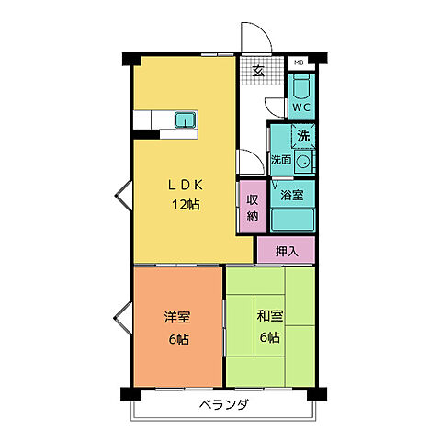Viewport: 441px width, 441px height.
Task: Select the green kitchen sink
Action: coord(186,119)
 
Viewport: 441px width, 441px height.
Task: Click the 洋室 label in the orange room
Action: coord(177,317)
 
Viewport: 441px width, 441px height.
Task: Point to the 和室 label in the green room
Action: coord(269,317)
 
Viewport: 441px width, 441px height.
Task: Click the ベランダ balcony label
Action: coord(223,404)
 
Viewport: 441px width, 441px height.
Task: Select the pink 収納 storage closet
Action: coord(252,208)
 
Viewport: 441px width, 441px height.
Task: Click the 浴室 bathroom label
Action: coord(292,195)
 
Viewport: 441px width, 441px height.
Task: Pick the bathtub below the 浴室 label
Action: coord(292,220)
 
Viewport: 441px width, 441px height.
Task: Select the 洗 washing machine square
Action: coord(304,137)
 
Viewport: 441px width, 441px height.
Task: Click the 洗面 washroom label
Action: coord(281,160)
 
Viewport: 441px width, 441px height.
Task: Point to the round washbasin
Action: coord(305,158)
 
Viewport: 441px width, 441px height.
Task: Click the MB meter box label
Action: coord(298,62)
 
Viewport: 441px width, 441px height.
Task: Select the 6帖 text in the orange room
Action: coord(177,339)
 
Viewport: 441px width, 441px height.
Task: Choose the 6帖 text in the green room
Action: coord(269,339)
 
